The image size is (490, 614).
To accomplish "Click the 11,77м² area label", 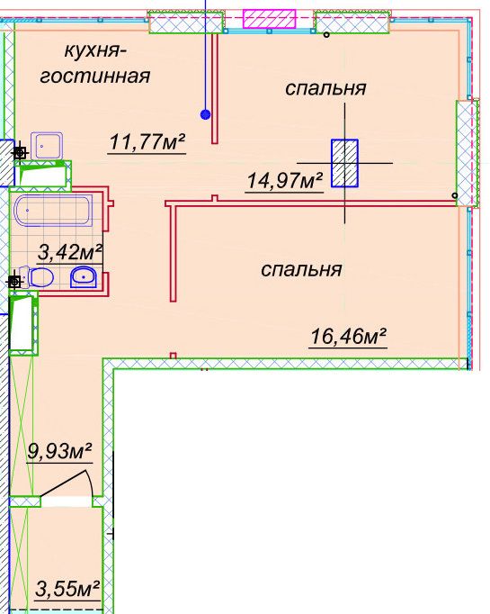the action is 147,141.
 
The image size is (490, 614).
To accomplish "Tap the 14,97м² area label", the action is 285,180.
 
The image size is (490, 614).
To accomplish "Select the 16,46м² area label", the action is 348,336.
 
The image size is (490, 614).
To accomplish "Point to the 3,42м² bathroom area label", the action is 69,252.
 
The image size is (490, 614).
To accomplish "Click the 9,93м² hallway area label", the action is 59,451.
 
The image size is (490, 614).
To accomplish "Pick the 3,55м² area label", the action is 67,589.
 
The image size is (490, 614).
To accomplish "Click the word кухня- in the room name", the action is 96,51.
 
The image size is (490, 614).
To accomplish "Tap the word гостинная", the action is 95,76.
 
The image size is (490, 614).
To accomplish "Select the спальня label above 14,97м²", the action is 325,88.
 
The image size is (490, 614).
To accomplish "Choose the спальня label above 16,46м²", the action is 301,270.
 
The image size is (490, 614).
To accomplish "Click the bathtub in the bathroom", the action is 53,211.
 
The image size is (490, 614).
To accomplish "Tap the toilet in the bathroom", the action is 36,277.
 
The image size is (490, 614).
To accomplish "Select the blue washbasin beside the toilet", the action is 84,277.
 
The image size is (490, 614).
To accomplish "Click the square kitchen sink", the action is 47,146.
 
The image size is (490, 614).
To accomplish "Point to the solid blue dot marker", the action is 205,114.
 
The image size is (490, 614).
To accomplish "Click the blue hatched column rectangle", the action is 344,163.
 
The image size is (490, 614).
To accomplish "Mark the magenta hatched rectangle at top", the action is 269,19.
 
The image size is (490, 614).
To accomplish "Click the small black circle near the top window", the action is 326,35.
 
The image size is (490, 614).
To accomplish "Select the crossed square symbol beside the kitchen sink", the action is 20,153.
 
